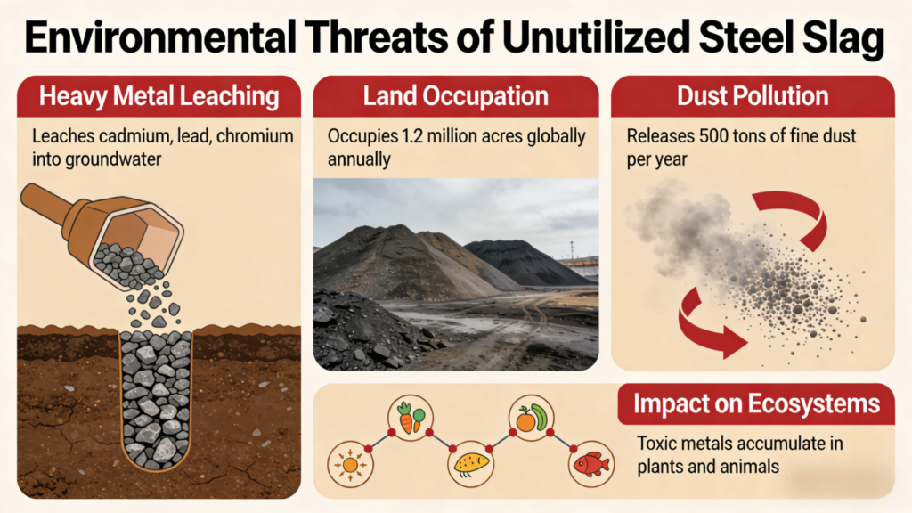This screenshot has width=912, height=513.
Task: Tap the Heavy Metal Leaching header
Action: pyautogui.click(x=156, y=96)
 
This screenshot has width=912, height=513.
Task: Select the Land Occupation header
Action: pyautogui.click(x=455, y=96)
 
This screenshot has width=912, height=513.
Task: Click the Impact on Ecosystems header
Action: pyautogui.click(x=756, y=404)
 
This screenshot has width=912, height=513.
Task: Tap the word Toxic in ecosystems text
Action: pyautogui.click(x=656, y=443)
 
